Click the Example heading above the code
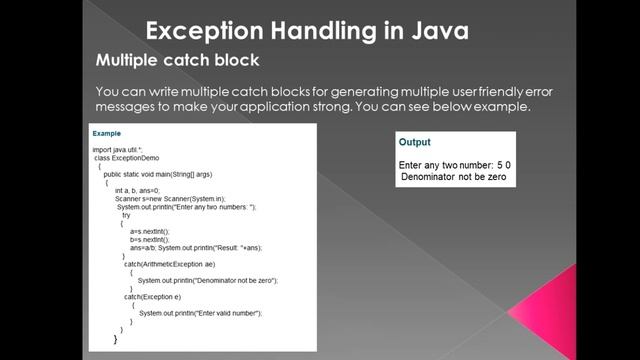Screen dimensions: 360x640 pyautogui.click(x=106, y=133)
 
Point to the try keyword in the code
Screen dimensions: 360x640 pyautogui.click(x=126, y=215)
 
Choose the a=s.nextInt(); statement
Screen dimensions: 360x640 pyautogui.click(x=150, y=231)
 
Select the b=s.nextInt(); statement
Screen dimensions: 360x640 pyautogui.click(x=150, y=239)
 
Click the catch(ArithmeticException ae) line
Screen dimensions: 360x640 pyautogui.click(x=169, y=264)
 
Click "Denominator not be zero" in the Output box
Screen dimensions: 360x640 pyautogui.click(x=454, y=177)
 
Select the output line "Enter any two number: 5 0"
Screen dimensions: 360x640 pyautogui.click(x=455, y=164)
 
